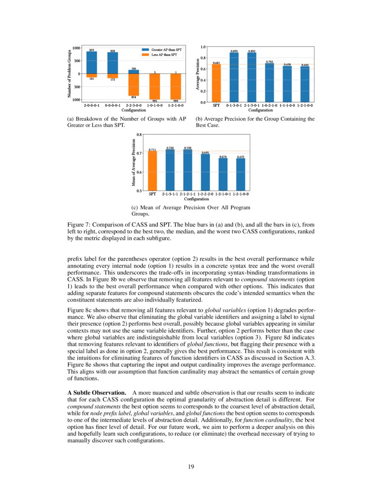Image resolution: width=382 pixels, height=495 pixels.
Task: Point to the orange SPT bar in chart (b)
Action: [216, 83]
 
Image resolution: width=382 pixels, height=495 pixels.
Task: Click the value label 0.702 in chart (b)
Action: [270, 62]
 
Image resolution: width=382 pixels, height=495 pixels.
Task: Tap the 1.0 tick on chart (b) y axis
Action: [203, 46]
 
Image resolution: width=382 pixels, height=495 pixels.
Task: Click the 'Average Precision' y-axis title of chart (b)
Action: [198, 74]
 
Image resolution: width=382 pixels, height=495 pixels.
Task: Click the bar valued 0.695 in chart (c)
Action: [205, 173]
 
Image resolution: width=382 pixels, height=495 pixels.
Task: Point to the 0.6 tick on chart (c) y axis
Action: [139, 172]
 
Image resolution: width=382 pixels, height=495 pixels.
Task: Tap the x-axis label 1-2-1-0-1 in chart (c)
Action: [223, 194]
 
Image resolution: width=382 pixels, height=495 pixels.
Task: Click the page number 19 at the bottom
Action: [191, 467]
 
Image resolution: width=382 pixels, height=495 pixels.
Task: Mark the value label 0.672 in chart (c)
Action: [240, 157]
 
